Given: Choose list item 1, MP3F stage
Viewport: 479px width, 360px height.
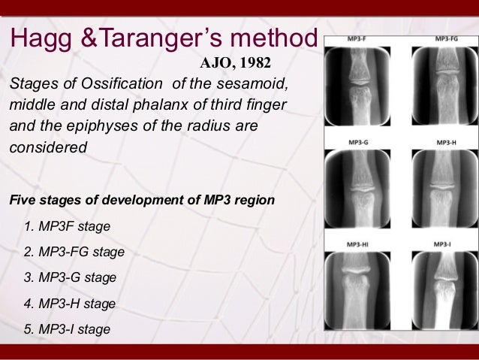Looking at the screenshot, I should click(68, 226).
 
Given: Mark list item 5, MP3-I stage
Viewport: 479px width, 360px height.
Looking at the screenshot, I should click(68, 329).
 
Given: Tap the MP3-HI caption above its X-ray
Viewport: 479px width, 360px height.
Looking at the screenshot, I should click(358, 244).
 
